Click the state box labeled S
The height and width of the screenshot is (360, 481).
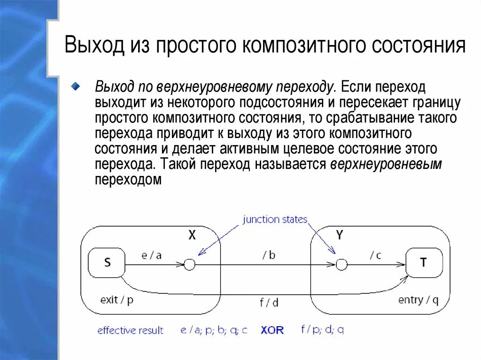point(107,263)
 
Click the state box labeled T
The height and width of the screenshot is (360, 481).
point(424,263)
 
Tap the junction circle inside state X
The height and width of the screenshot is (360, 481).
point(189,265)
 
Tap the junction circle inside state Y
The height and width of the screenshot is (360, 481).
point(341,265)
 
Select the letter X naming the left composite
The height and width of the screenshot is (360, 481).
point(192,236)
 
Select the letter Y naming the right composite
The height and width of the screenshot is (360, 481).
point(340,236)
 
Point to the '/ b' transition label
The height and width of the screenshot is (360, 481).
point(269,255)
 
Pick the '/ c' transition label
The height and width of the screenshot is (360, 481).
point(375,255)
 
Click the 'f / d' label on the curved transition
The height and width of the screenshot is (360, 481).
point(269,303)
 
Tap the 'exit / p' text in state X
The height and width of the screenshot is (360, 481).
point(117,299)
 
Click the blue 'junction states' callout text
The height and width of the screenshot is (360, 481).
point(275,220)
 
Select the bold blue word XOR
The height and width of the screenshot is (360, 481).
point(272,330)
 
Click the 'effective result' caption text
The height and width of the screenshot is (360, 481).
point(130,330)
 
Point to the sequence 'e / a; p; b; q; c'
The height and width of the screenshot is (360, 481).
point(214,330)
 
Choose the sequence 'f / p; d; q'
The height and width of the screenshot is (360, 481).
point(322,330)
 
